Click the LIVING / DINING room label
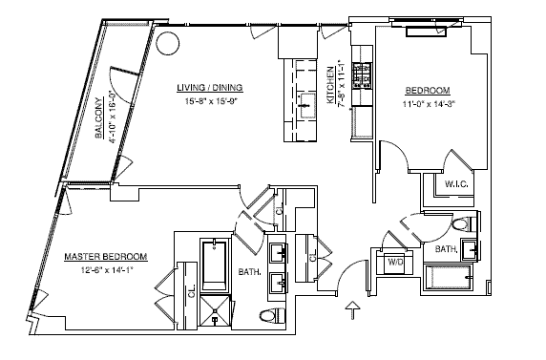click(x=210, y=88)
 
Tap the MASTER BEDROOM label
click(x=106, y=257)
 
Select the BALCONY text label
click(x=99, y=117)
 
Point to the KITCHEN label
click(x=330, y=85)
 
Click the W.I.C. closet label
click(x=456, y=183)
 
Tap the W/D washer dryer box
click(x=395, y=262)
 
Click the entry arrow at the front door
click(x=353, y=309)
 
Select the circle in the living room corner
click(x=167, y=44)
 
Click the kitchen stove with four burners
click(x=362, y=74)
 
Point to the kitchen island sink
click(x=306, y=106)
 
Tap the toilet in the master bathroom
click(x=273, y=315)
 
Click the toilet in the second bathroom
click(x=465, y=223)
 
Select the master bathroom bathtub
click(x=215, y=265)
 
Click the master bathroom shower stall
click(x=215, y=312)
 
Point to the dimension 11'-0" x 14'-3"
click(x=429, y=104)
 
